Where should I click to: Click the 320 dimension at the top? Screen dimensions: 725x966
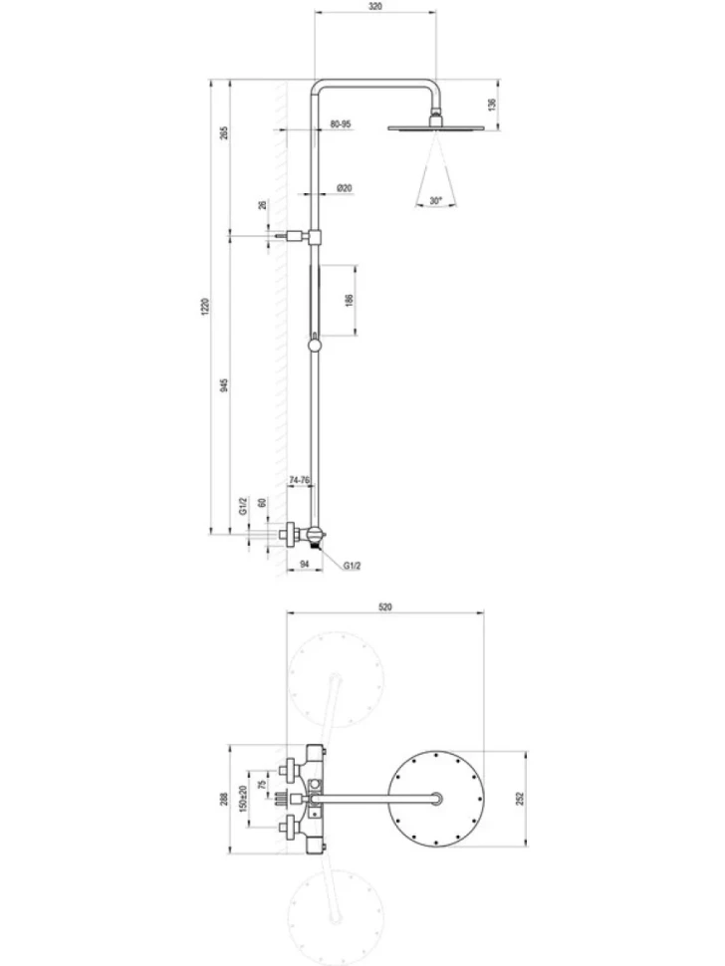(375, 6)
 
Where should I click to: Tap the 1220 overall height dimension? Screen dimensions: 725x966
(206, 307)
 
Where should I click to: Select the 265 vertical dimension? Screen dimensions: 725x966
(224, 132)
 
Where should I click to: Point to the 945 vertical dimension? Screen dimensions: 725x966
(224, 385)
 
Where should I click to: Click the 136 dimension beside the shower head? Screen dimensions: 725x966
(492, 105)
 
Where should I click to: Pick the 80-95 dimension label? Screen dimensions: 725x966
(340, 123)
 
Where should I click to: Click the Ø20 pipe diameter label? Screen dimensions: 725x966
(345, 188)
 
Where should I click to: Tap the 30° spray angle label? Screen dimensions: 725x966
(436, 200)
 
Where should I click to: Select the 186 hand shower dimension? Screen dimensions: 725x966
(350, 301)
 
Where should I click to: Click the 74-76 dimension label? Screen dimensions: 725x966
(300, 479)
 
